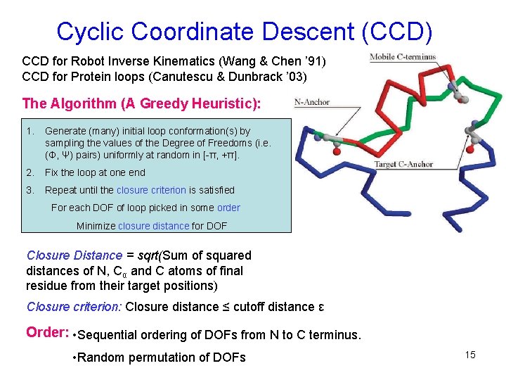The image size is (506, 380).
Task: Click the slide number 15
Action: pos(470,355)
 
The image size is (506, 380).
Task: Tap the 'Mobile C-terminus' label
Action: pos(403,57)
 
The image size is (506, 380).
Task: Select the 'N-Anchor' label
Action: pos(313,102)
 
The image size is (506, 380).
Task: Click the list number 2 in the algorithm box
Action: pos(30,172)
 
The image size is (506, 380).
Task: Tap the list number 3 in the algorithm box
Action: pos(30,190)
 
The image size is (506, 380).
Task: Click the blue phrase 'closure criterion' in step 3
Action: pos(151,190)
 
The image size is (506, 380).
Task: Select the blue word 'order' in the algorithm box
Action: pos(228,208)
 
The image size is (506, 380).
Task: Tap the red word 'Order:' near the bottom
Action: pos(46,332)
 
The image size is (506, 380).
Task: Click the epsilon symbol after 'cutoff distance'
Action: pos(321,307)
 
